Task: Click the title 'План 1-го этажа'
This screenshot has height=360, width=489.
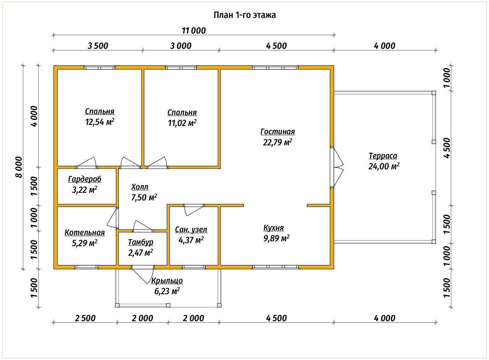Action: pyautogui.click(x=244, y=15)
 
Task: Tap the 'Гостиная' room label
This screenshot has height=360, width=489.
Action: pyautogui.click(x=277, y=132)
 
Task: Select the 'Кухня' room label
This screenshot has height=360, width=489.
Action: pyautogui.click(x=274, y=228)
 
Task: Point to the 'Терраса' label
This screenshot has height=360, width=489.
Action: pyautogui.click(x=383, y=156)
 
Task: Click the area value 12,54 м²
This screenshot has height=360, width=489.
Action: pyautogui.click(x=100, y=122)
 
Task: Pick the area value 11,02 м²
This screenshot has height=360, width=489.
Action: pyautogui.click(x=182, y=123)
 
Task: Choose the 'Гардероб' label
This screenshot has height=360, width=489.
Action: pyautogui.click(x=85, y=179)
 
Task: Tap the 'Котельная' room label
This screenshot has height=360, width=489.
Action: pyautogui.click(x=84, y=232)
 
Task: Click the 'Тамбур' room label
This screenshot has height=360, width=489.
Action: pyautogui.click(x=141, y=242)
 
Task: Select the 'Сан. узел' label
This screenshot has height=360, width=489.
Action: pyautogui.click(x=191, y=229)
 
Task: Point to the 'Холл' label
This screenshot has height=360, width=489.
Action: pyautogui.click(x=139, y=187)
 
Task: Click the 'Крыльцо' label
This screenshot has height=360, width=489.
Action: pyautogui.click(x=167, y=281)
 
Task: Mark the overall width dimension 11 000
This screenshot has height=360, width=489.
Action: pyautogui.click(x=193, y=31)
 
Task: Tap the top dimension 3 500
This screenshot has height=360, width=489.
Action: pyautogui.click(x=98, y=46)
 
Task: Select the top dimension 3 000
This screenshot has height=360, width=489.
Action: pyautogui.click(x=181, y=46)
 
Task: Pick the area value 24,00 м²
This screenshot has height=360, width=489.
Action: pyautogui.click(x=384, y=166)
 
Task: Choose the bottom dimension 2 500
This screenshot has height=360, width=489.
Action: pyautogui.click(x=85, y=318)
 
